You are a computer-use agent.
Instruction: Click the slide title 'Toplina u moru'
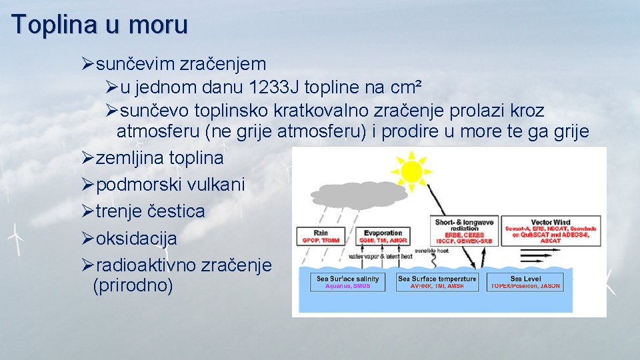100,25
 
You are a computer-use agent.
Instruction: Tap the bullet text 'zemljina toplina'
159,158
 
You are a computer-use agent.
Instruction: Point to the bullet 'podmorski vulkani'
170,185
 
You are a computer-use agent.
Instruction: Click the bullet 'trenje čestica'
150,211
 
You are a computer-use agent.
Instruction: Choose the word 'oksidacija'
137,238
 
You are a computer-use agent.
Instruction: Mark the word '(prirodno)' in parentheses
133,286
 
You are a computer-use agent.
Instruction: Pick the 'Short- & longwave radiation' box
464,231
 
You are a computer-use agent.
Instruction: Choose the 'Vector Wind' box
550,231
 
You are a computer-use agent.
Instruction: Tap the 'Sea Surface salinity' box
347,282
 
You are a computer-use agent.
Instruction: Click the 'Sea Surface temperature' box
437,282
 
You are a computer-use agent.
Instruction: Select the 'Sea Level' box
525,282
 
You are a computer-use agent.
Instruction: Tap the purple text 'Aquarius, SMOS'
347,286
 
